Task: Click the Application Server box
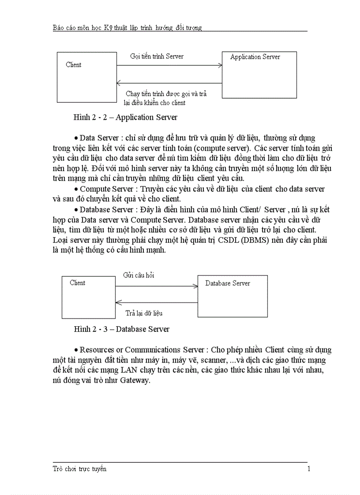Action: coord(259,75)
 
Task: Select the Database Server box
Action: coord(232,296)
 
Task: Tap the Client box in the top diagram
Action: coord(86,77)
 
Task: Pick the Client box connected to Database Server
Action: coord(88,297)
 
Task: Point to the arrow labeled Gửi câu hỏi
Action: coord(156,287)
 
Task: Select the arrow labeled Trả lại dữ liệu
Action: coord(156,302)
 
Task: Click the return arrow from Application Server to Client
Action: coord(169,83)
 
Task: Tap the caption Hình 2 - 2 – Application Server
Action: coord(125,117)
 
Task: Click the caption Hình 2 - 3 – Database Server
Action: coord(121,329)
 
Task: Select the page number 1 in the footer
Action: coord(309,469)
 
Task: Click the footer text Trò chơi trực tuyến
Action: coord(79,469)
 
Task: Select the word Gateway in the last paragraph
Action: coord(135,380)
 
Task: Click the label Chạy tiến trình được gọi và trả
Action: coord(166,94)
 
